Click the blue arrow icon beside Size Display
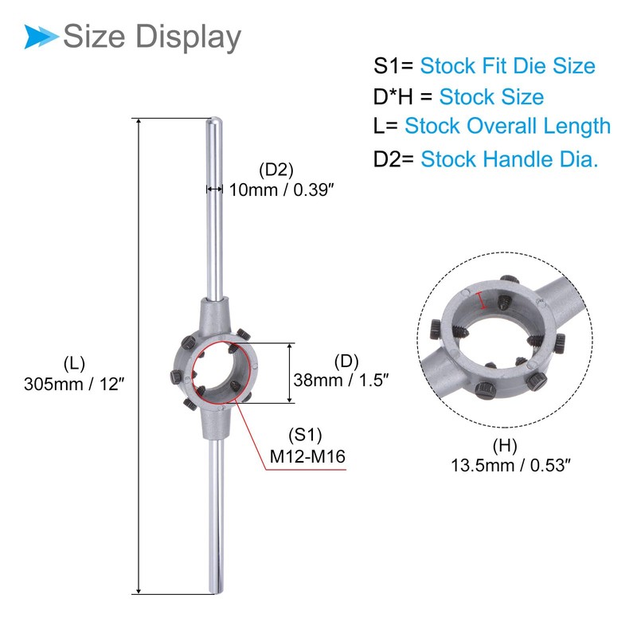(x=40, y=36)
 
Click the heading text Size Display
(x=151, y=37)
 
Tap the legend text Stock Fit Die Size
(x=507, y=65)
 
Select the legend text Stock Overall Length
(x=507, y=126)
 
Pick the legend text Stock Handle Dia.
(x=509, y=159)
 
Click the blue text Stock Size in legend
(x=491, y=97)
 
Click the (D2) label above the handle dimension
(x=276, y=170)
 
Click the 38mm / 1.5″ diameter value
(x=340, y=380)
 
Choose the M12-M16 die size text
(x=305, y=457)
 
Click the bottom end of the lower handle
(x=216, y=589)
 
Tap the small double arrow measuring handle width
(x=213, y=190)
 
